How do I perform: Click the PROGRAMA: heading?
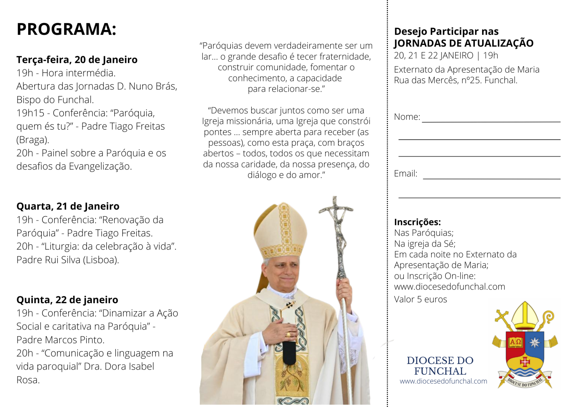(66, 29)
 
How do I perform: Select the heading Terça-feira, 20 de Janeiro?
(77, 60)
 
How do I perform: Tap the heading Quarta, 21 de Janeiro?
(68, 206)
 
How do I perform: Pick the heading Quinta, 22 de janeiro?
(67, 300)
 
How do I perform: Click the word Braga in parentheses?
(32, 140)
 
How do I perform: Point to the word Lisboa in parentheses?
(100, 260)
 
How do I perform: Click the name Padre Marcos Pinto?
(60, 340)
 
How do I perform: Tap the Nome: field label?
(407, 117)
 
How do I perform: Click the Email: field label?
(406, 173)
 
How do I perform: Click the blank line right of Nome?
(491, 120)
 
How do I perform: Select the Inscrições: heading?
(417, 222)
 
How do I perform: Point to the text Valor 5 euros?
(420, 299)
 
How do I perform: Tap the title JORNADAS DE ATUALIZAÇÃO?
(463, 43)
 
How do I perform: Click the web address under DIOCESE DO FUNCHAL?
(443, 381)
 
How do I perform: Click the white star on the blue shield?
(535, 342)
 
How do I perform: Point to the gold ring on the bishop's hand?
(288, 334)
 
